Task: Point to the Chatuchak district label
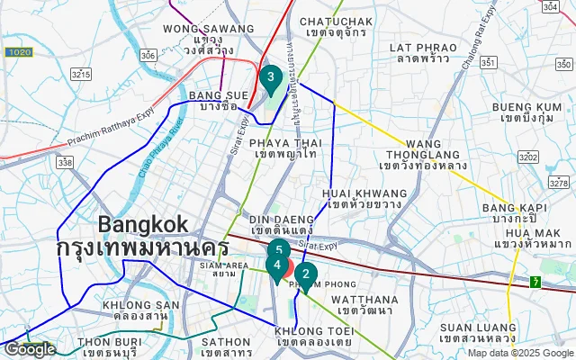click(x=336, y=26)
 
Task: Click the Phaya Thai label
click(x=286, y=148)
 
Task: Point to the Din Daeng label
click(x=282, y=224)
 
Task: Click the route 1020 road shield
click(x=17, y=53)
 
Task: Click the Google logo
click(x=29, y=349)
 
